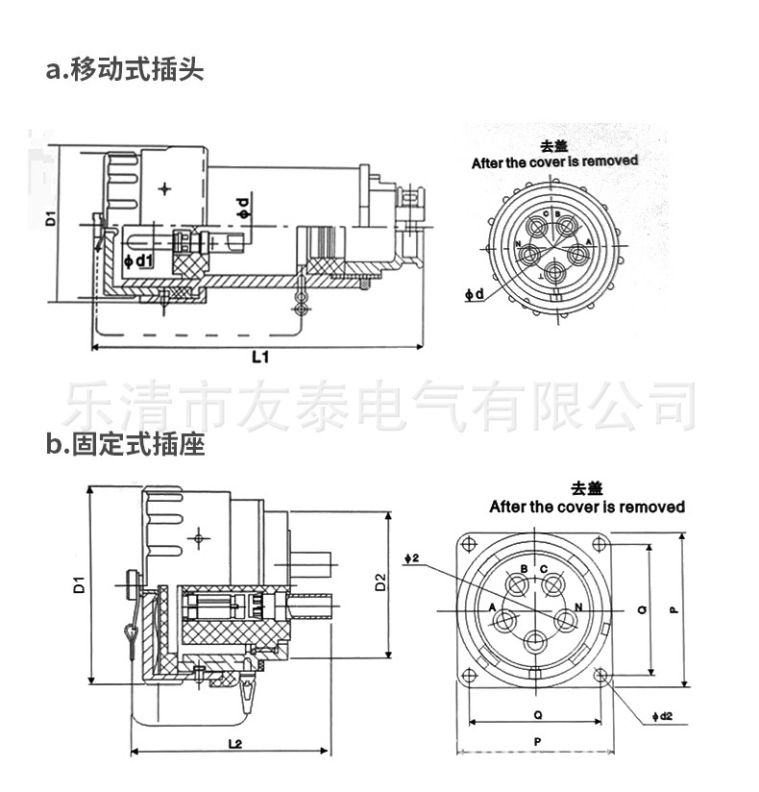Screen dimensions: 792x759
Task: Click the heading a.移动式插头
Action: pyautogui.click(x=125, y=70)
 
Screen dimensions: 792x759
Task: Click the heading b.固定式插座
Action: pyautogui.click(x=125, y=445)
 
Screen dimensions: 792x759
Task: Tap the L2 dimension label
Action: pyautogui.click(x=233, y=743)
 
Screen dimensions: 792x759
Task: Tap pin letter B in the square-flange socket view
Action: pyautogui.click(x=524, y=570)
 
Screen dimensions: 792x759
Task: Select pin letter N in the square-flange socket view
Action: pyautogui.click(x=578, y=606)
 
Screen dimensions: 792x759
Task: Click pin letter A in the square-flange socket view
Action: pyautogui.click(x=493, y=607)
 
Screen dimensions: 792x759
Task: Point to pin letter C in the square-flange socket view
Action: pyautogui.click(x=545, y=570)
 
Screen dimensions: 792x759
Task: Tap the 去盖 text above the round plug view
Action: pyautogui.click(x=554, y=146)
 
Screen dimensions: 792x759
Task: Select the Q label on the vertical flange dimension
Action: pyautogui.click(x=641, y=608)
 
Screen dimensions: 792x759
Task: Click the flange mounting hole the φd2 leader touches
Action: pyautogui.click(x=601, y=677)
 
